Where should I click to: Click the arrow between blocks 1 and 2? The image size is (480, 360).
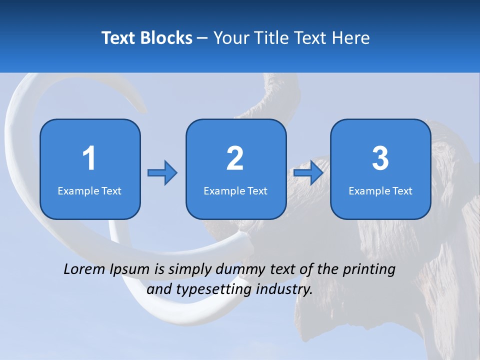pos(162,173)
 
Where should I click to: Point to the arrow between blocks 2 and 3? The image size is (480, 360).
pos(308,173)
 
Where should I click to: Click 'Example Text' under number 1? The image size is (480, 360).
pos(89,191)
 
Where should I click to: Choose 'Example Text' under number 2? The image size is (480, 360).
pos(235,191)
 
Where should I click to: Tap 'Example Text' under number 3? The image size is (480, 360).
pos(380,191)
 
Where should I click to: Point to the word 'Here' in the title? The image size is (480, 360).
pos(351,38)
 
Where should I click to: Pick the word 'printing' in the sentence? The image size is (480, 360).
pos(369,270)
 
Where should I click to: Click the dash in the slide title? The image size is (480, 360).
pos(202,38)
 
